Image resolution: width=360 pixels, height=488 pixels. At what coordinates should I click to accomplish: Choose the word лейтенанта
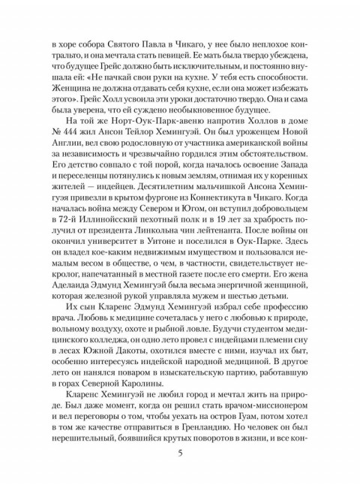(253, 227)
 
